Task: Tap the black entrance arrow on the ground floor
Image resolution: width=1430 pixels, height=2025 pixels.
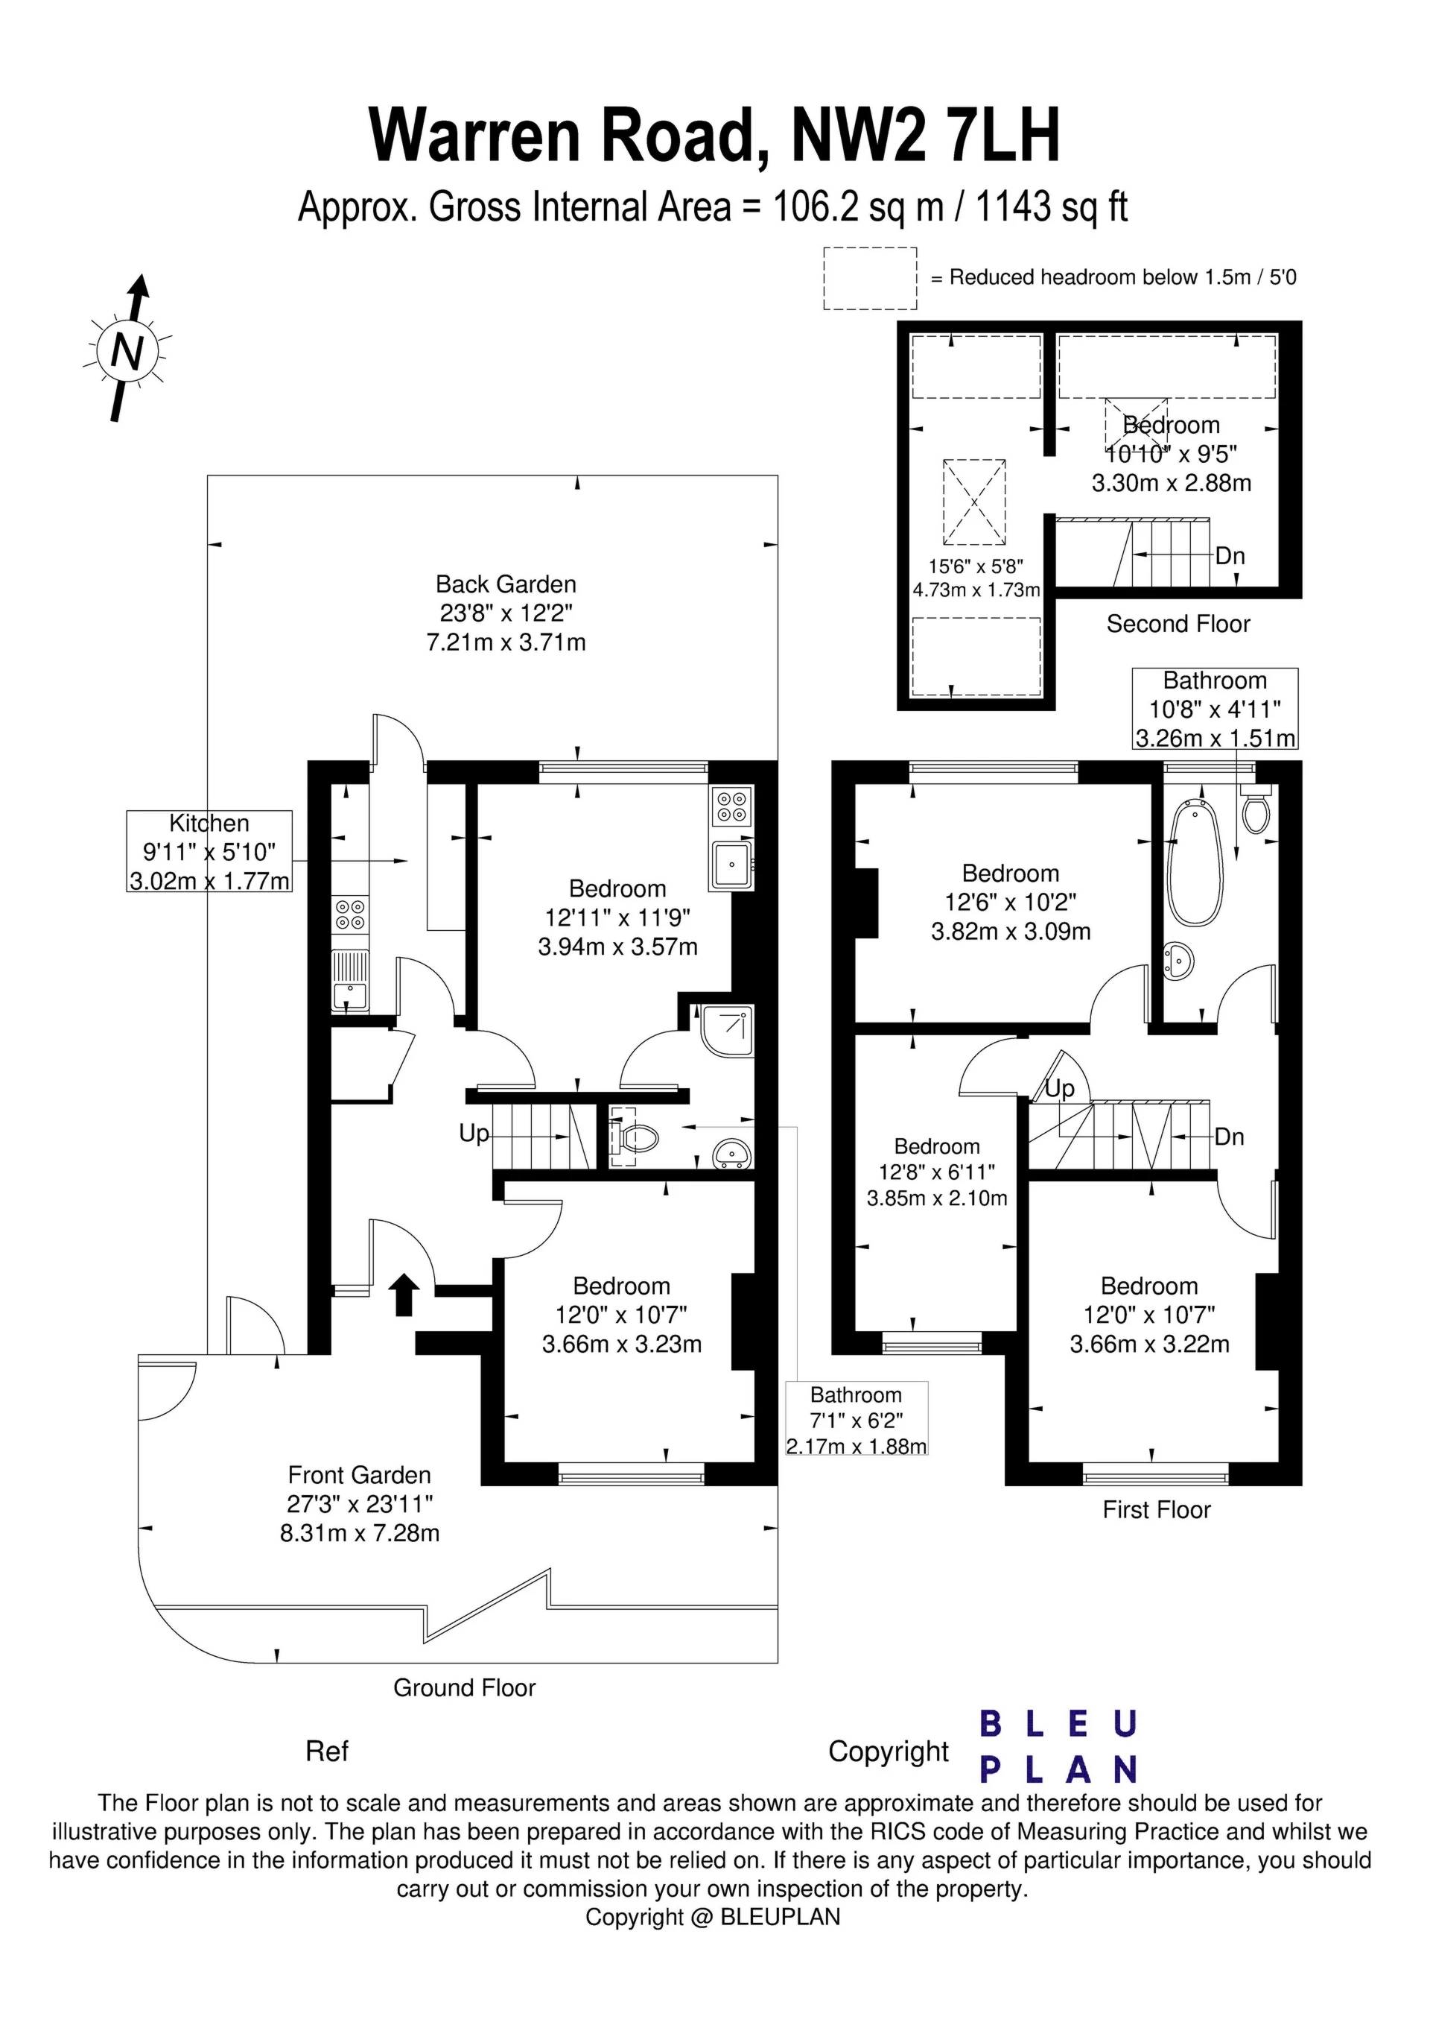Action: coord(404,1294)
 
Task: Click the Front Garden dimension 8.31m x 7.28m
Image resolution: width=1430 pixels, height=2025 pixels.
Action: coord(360,1533)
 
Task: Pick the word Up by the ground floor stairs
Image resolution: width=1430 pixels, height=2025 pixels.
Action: coord(474,1134)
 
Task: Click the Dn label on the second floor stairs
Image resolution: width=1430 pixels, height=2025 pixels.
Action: coord(1230,556)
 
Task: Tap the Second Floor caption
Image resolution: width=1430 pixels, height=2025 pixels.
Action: coord(1178,624)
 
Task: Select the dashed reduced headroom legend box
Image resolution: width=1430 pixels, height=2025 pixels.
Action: coord(870,279)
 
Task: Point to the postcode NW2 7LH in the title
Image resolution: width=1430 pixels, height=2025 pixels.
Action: coord(925,134)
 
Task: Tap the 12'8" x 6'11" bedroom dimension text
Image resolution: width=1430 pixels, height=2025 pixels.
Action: coord(936,1172)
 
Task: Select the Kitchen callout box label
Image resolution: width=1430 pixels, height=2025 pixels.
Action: coord(209,823)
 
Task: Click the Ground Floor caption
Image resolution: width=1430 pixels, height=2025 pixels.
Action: coord(464,1687)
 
